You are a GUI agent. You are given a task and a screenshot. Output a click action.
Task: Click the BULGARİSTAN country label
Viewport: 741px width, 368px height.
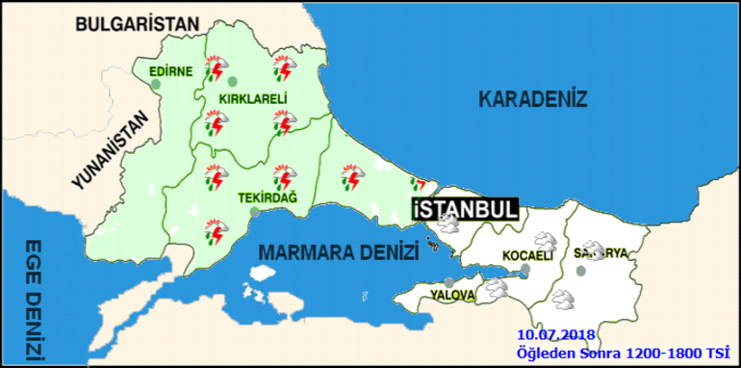point(137,23)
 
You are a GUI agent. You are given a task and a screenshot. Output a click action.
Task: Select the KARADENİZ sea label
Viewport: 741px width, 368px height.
point(532,98)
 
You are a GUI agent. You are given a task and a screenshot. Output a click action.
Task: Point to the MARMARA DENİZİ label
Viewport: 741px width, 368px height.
point(339,253)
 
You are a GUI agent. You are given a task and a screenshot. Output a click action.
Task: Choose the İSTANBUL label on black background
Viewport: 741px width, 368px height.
point(464,209)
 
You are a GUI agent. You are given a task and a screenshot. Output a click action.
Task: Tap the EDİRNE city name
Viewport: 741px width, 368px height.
point(171,70)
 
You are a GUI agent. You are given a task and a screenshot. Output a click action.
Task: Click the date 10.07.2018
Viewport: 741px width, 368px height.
point(555,334)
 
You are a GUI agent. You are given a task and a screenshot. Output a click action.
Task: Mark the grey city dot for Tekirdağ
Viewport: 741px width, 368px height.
point(253,212)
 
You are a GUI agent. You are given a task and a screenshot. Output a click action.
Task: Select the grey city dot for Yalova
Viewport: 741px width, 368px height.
point(449,281)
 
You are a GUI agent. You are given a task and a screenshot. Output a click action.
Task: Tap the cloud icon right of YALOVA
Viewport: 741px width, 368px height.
point(498,285)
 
